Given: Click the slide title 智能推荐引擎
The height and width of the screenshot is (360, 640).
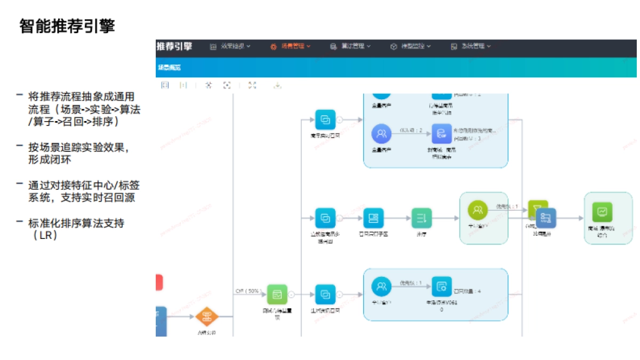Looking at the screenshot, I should tap(67, 26).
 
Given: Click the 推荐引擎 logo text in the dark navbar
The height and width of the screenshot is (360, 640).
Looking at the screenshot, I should tap(174, 46).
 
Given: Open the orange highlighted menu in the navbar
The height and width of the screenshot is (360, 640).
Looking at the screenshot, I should tap(290, 46).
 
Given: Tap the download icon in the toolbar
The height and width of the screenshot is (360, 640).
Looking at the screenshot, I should tap(277, 85).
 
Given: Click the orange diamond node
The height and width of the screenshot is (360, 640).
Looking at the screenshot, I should tap(207, 317).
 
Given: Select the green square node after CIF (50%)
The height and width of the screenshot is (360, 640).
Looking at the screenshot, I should tap(277, 294).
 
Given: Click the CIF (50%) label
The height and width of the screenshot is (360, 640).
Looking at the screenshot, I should tap(249, 291).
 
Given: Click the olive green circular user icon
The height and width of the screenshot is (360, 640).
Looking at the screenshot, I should tap(478, 210).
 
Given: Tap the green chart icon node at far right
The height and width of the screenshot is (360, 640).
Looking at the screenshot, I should tap(602, 212).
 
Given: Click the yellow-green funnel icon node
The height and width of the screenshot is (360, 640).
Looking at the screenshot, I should tap(538, 209).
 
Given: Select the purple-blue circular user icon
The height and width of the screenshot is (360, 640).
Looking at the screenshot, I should tap(381, 132).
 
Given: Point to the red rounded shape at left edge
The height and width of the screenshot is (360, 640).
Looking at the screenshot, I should tap(159, 283).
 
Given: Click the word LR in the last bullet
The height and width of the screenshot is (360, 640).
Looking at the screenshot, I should tap(49, 235).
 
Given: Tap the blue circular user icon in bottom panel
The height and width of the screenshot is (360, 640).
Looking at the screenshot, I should tap(381, 287).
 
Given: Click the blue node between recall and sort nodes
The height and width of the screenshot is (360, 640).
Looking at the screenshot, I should tap(373, 218).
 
